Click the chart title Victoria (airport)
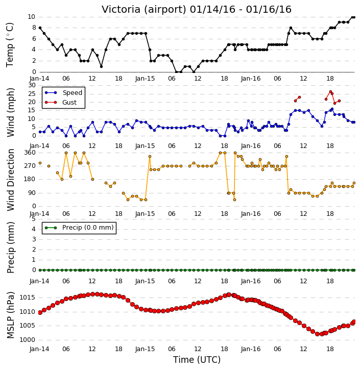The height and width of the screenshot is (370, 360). pos(144,9)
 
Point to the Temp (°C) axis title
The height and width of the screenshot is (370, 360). pos(10,45)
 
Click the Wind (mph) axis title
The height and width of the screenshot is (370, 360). pos(10,112)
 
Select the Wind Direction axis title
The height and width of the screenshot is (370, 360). pos(10,180)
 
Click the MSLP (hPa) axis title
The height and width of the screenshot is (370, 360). pos(10,315)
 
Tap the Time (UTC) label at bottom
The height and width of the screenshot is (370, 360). pos(197,360)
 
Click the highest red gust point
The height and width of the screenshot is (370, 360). pos(330,91)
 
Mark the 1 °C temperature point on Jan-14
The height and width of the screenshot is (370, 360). pos(101,66)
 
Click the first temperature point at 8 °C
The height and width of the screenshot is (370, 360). pos(40,28)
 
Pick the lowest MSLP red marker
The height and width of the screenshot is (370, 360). pos(317,334)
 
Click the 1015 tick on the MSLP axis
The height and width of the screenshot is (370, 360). pos(27,298)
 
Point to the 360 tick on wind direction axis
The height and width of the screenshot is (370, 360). pos(30,153)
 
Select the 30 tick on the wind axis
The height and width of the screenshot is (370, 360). pos(32,85)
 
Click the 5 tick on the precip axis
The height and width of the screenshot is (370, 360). pos(34,219)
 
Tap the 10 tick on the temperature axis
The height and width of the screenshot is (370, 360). pos(31,17)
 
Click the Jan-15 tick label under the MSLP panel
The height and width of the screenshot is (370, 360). pos(145,349)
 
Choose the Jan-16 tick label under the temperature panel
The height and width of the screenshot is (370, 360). pos(251,79)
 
